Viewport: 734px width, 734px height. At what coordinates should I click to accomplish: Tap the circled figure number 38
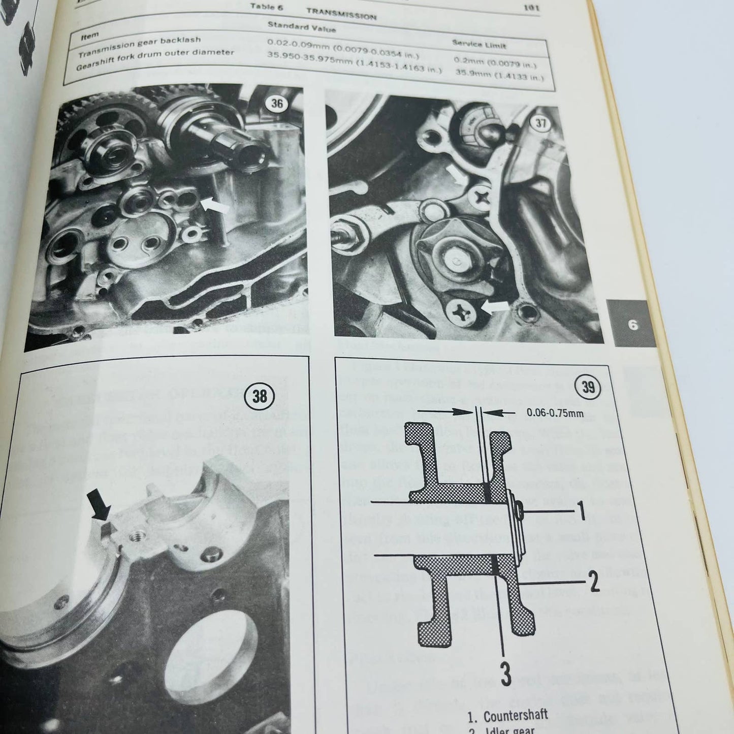[259, 395]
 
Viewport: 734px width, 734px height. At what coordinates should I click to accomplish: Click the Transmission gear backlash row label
[139, 44]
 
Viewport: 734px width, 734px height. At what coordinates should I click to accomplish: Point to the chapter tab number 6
[633, 325]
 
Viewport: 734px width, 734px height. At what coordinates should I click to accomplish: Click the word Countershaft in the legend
[515, 716]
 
